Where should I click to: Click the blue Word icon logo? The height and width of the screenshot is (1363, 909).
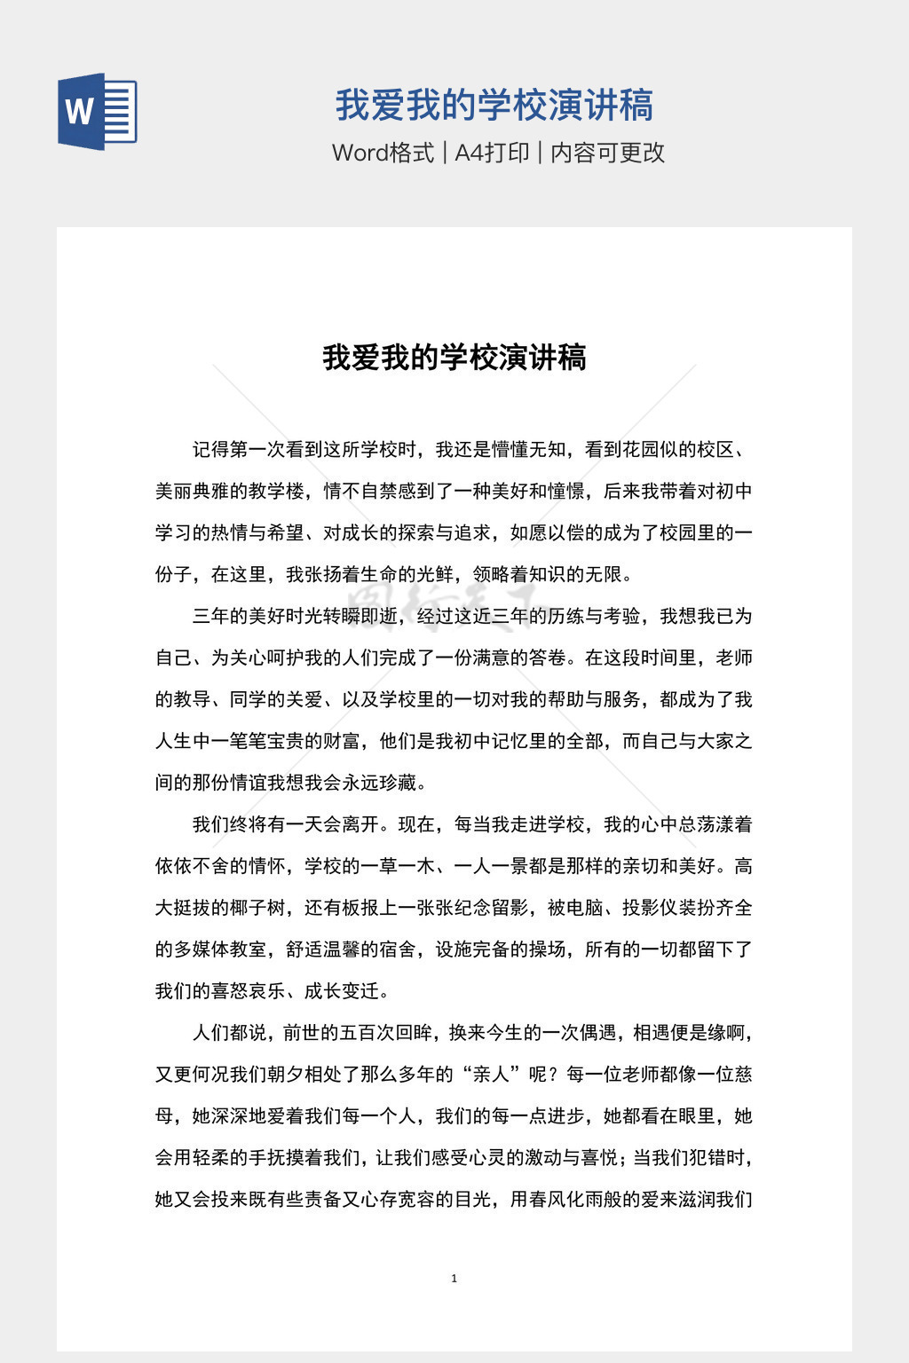pos(97,112)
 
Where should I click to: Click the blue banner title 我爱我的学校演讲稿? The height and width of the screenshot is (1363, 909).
pos(494,106)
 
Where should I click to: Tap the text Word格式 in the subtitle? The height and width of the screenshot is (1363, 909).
pos(383,153)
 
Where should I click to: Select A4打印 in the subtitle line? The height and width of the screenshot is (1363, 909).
pos(492,153)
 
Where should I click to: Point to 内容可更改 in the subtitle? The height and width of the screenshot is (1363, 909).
pos(607,153)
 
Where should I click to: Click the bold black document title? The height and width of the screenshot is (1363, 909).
pos(454,358)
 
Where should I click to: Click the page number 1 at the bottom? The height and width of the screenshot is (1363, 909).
pos(454,1279)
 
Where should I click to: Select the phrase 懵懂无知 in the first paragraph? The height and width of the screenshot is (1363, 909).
pos(529,450)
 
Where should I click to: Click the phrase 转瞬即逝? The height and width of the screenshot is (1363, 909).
pos(360,617)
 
